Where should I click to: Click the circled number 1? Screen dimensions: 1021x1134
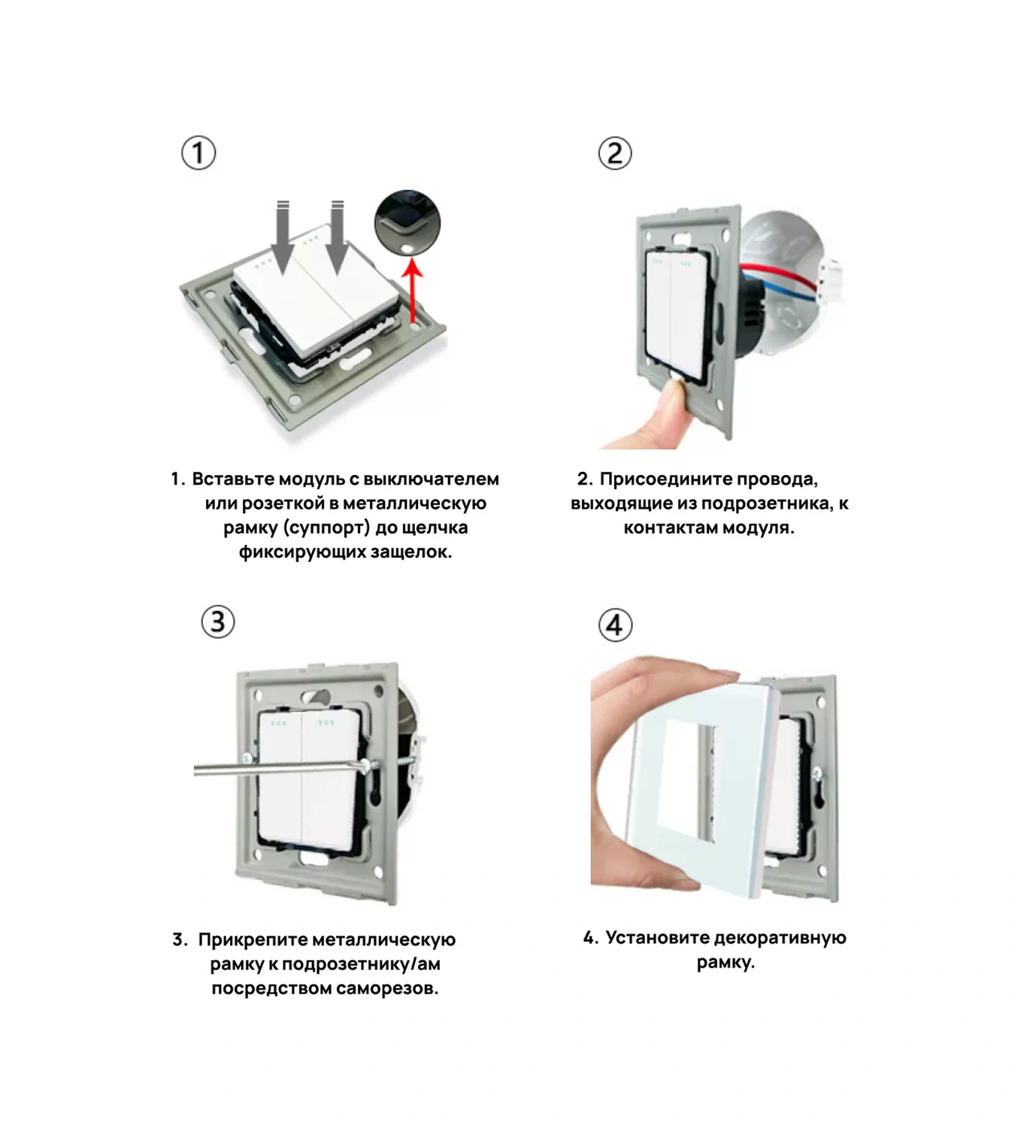click(198, 153)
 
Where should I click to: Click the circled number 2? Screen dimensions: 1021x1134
click(615, 153)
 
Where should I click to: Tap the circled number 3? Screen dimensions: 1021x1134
click(218, 621)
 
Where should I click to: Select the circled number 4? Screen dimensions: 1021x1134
click(615, 625)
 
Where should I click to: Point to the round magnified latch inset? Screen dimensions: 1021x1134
click(407, 222)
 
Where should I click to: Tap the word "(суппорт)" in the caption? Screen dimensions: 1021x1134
click(327, 528)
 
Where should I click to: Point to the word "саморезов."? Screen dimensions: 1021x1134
click(387, 989)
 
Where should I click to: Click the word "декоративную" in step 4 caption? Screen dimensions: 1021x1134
click(780, 939)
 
